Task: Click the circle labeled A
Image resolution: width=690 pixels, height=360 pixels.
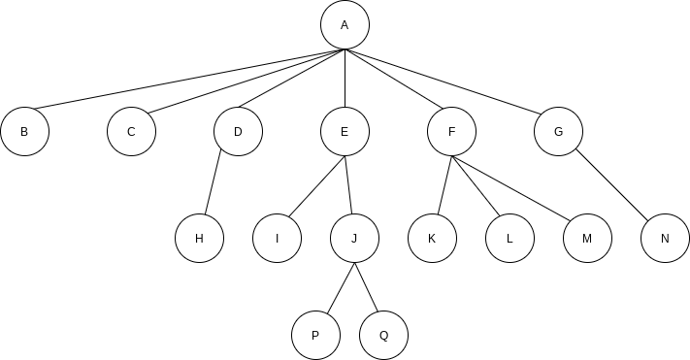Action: pyautogui.click(x=345, y=25)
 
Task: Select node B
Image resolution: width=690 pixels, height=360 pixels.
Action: pyautogui.click(x=24, y=132)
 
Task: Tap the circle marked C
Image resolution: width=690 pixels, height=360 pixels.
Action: pyautogui.click(x=131, y=132)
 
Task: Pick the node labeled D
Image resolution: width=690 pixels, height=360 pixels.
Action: pyautogui.click(x=238, y=132)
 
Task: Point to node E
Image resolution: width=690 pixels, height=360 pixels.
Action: pyautogui.click(x=345, y=132)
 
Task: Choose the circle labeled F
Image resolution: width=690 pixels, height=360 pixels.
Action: pyautogui.click(x=451, y=132)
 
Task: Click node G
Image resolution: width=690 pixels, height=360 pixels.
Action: pyautogui.click(x=558, y=132)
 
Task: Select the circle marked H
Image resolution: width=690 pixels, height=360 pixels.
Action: pyautogui.click(x=199, y=239)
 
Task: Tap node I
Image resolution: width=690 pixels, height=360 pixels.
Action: pyautogui.click(x=277, y=239)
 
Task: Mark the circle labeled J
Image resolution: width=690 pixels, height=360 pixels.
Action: pyautogui.click(x=354, y=239)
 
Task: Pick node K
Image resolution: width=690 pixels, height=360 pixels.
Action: pyautogui.click(x=432, y=239)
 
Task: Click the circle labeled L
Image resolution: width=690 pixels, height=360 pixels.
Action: pyautogui.click(x=509, y=239)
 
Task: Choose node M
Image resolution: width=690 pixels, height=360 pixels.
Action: pyautogui.click(x=587, y=239)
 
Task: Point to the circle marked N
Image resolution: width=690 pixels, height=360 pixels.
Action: pyautogui.click(x=665, y=239)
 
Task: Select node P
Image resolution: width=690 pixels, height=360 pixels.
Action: pyautogui.click(x=315, y=336)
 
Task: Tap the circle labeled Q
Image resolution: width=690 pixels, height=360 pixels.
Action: pyautogui.click(x=383, y=336)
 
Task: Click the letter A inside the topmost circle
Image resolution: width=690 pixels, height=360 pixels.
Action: pyautogui.click(x=345, y=25)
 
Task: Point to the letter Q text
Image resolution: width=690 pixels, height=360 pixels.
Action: pyautogui.click(x=383, y=336)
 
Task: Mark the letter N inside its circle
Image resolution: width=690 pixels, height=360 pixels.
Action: pyautogui.click(x=665, y=239)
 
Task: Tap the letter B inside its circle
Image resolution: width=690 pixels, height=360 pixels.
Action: pyautogui.click(x=24, y=132)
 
